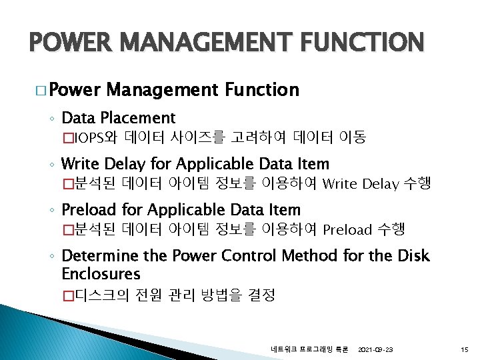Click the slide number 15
(x=465, y=349)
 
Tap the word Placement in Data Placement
(x=138, y=119)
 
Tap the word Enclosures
(x=101, y=274)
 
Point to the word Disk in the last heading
(x=414, y=256)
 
